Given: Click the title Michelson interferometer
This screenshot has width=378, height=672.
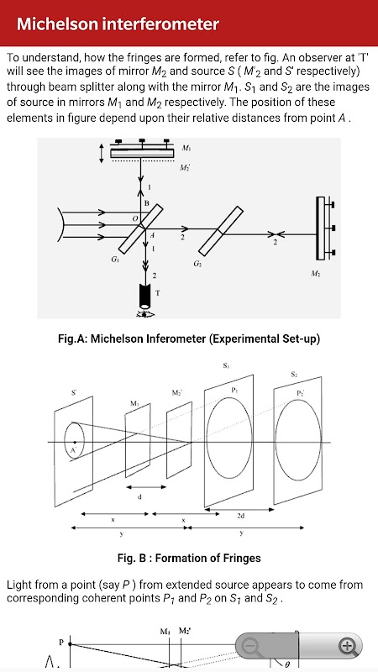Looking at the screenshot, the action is pos(118,24).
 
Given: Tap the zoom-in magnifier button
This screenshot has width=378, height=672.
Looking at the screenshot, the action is pos(348,645).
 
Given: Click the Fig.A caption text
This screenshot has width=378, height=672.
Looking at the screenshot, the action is pos(189,339).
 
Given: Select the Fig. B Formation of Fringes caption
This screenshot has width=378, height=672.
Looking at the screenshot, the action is pos(189,558).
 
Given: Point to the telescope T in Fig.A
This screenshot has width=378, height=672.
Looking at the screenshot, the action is pos(145,295).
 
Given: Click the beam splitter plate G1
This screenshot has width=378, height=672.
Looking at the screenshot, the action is pos(140,228).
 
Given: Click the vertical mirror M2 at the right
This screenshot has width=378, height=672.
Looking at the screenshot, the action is pos(321,228).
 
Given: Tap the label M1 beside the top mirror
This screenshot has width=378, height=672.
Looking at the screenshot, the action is pos(186,149).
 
